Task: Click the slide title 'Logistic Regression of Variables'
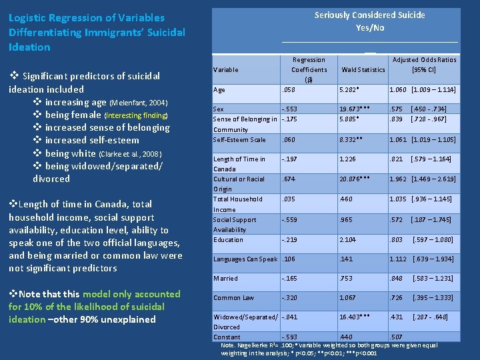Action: [x=87, y=18]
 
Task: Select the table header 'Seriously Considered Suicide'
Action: [x=369, y=15]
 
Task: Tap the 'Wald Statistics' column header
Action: [x=363, y=69]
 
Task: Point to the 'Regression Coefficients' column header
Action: [x=309, y=69]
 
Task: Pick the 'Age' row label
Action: [x=219, y=89]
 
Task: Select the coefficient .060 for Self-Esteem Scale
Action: [x=288, y=139]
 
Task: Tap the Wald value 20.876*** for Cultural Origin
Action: [x=357, y=179]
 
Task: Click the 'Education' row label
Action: [x=228, y=239]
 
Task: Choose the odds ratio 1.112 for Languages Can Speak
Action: [x=399, y=259]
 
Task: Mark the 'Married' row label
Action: [x=225, y=279]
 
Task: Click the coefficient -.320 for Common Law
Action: [x=289, y=298]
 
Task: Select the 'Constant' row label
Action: [x=227, y=337]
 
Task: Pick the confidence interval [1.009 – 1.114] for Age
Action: [x=433, y=89]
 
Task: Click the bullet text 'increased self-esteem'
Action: [x=92, y=141]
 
